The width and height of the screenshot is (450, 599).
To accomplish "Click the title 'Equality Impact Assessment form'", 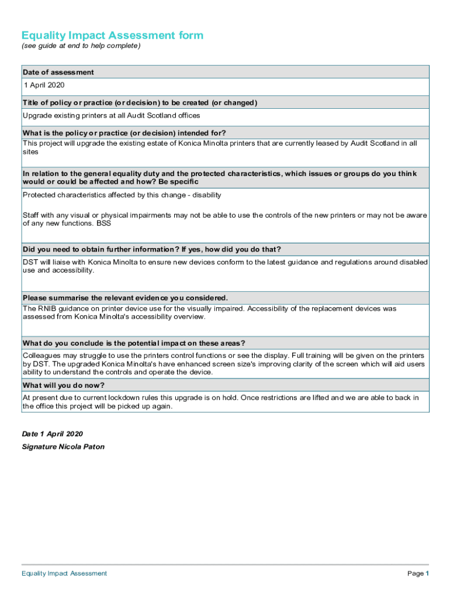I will click(x=112, y=35).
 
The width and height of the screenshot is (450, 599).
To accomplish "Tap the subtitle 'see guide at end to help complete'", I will click(x=81, y=46).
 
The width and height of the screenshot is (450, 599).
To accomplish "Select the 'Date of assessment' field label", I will click(x=58, y=72).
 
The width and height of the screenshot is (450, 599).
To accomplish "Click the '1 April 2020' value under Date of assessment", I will click(x=44, y=85).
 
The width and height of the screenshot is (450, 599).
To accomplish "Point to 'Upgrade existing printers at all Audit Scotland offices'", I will click(x=111, y=116).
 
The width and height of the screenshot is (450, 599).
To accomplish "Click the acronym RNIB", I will click(x=49, y=308).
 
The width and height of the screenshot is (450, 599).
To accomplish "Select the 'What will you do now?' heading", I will click(x=63, y=385).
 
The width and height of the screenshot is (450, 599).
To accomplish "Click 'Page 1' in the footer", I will click(x=418, y=573).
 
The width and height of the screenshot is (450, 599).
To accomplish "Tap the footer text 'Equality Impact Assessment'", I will click(x=64, y=573).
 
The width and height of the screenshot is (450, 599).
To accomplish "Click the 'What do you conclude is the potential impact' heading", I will click(x=134, y=343).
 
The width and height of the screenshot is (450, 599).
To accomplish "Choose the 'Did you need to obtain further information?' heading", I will click(x=151, y=249).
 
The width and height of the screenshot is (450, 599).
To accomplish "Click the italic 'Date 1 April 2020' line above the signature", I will click(x=52, y=434).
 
